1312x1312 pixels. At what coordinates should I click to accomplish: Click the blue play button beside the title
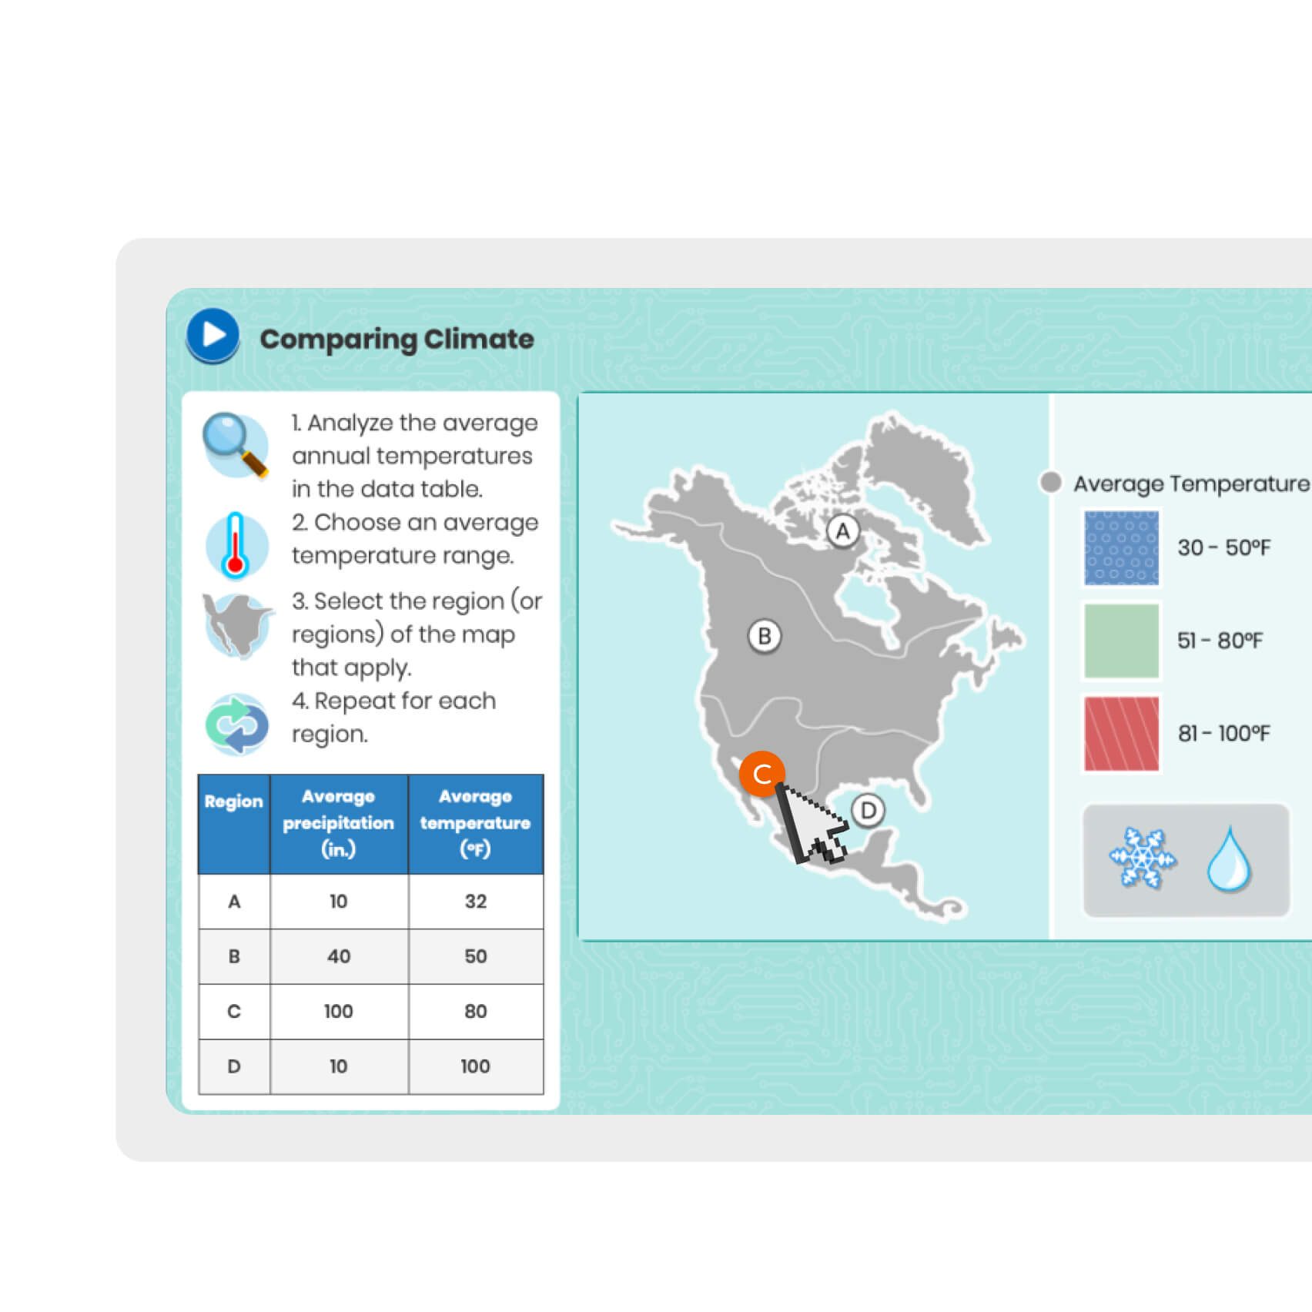tap(213, 335)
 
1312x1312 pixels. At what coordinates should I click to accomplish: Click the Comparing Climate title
tap(397, 340)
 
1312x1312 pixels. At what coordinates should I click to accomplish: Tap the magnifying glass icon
tap(236, 445)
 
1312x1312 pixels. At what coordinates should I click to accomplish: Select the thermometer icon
tap(236, 545)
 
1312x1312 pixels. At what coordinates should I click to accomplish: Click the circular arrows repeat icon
tap(237, 724)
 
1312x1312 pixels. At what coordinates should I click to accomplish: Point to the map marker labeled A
tap(843, 531)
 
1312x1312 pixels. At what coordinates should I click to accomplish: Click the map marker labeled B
tap(765, 637)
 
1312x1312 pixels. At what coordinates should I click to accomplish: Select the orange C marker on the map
tap(761, 774)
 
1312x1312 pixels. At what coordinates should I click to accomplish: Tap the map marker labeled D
tap(869, 811)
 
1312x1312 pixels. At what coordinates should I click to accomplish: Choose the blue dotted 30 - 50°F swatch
tap(1122, 548)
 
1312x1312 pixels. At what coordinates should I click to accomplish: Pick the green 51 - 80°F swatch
tap(1122, 641)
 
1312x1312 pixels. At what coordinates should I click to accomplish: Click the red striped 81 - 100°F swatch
tap(1122, 734)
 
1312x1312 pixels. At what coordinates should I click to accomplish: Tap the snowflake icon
tap(1143, 858)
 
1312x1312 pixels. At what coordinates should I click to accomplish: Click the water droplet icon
tap(1229, 859)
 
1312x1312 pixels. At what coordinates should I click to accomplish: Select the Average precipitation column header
tap(339, 824)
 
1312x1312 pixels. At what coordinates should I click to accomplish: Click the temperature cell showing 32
tap(476, 902)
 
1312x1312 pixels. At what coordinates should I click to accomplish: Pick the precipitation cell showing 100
tap(339, 1012)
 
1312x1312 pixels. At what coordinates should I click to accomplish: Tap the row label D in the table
tap(234, 1066)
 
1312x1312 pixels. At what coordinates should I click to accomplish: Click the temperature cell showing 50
tap(476, 956)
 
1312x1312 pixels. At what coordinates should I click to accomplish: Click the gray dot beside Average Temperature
tap(1051, 483)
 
